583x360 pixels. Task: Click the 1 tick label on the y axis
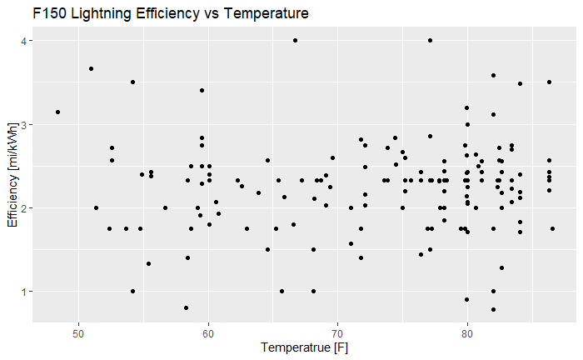click(25, 291)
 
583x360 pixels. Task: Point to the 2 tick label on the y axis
click(25, 207)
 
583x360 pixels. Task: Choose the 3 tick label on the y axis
click(25, 124)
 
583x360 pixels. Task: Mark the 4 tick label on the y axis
click(25, 41)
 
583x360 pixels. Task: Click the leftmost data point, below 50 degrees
click(57, 112)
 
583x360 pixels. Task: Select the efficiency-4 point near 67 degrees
click(295, 40)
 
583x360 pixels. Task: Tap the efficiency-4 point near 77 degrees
click(430, 40)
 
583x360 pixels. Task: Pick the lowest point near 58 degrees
click(186, 307)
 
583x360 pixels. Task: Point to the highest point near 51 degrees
click(91, 68)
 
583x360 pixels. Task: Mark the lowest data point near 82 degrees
click(493, 309)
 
